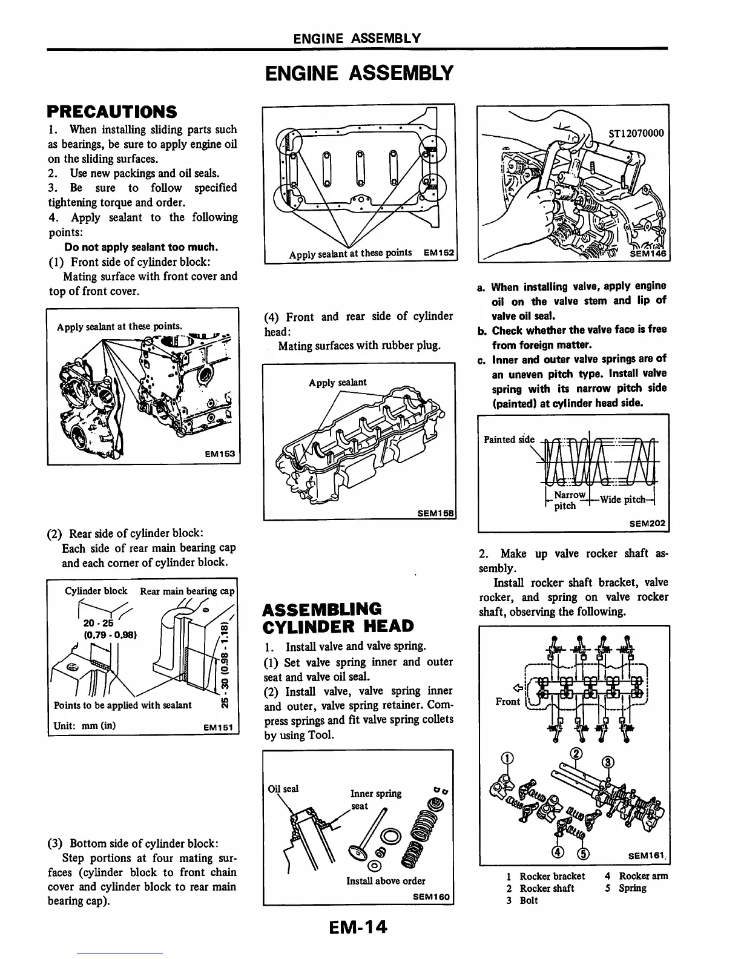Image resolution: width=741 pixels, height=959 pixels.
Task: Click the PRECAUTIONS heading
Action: pos(113,111)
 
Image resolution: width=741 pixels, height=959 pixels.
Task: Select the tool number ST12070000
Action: pos(635,133)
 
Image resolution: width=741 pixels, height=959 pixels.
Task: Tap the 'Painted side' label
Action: pos(509,439)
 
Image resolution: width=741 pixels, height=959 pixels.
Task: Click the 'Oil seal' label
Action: pos(283,788)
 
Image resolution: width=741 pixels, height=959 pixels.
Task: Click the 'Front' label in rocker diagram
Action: pos(507,701)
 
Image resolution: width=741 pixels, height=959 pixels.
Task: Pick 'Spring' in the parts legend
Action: pos(632,888)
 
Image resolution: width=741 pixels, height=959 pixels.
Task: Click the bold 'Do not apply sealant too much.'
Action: pos(141,247)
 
